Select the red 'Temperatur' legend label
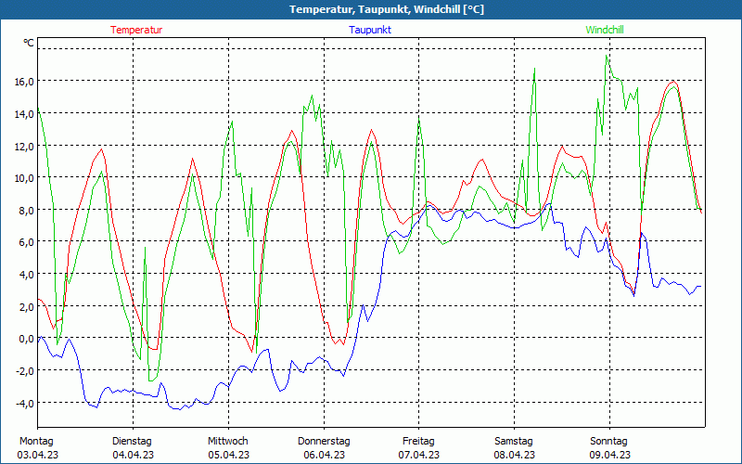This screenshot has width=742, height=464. pos(136,30)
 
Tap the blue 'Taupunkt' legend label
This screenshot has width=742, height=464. pos(370,30)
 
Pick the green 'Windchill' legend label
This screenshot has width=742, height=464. pos(605,30)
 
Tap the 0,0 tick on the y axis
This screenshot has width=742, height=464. pos(26,338)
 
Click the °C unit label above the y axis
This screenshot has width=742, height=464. pos(29,44)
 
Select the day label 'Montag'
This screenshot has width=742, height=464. pos(36,441)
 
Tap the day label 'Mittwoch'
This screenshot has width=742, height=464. pos(227,441)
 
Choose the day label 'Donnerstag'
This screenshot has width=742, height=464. pos(324,441)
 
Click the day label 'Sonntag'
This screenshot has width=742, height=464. pos(608,441)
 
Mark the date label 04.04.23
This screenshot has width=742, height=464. pos(133,455)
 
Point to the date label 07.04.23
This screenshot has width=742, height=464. pos(418,455)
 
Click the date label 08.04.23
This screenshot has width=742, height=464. pos(514,455)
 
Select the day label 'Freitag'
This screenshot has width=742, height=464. pos(418,441)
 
